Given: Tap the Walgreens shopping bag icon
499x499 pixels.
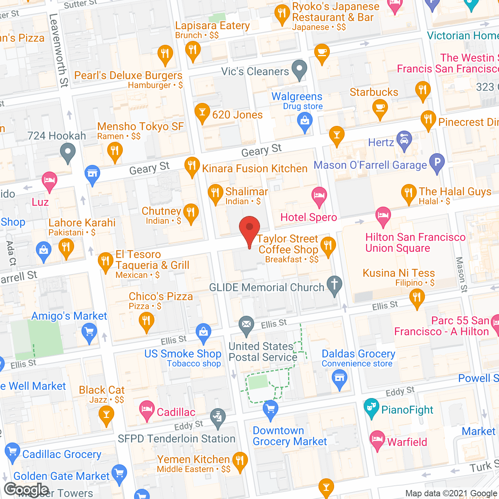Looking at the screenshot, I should pos(305,122).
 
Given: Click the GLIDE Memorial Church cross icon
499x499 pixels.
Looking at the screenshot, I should pos(334,285).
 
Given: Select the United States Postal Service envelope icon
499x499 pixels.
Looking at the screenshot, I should pos(246,325).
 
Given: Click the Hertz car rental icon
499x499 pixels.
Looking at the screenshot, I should pos(404,140).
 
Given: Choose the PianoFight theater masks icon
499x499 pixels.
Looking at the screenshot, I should pos(372,407).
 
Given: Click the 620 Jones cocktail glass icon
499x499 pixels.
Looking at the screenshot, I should pos(202,112).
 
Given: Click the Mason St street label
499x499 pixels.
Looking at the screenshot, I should pos(462,275).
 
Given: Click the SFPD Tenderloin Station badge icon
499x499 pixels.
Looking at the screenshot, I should pos(218,418).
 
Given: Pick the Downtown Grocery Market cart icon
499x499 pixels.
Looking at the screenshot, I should pos(271,409).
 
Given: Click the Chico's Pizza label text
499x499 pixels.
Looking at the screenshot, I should pos(161,296).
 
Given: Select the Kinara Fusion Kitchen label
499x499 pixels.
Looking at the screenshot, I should pos(255,168).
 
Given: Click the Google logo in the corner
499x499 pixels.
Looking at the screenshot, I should pos(27,489).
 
